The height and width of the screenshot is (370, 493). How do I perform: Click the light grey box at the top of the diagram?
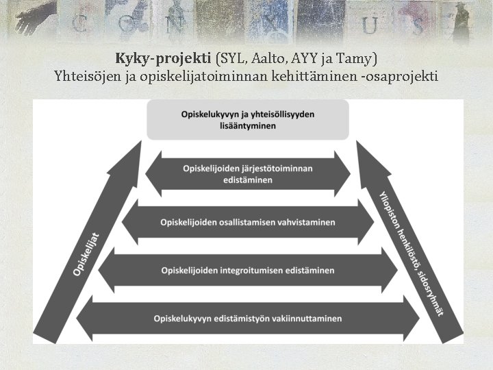coord(248,120)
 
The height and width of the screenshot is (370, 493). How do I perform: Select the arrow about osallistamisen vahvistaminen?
coord(248,223)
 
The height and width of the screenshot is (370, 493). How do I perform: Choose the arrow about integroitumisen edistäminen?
coord(248,271)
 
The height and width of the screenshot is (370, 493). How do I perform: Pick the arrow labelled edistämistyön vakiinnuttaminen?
coord(248,319)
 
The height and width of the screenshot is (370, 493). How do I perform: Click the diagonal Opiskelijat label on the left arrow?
coord(87,254)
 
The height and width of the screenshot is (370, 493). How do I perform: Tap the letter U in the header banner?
coord(370,25)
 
